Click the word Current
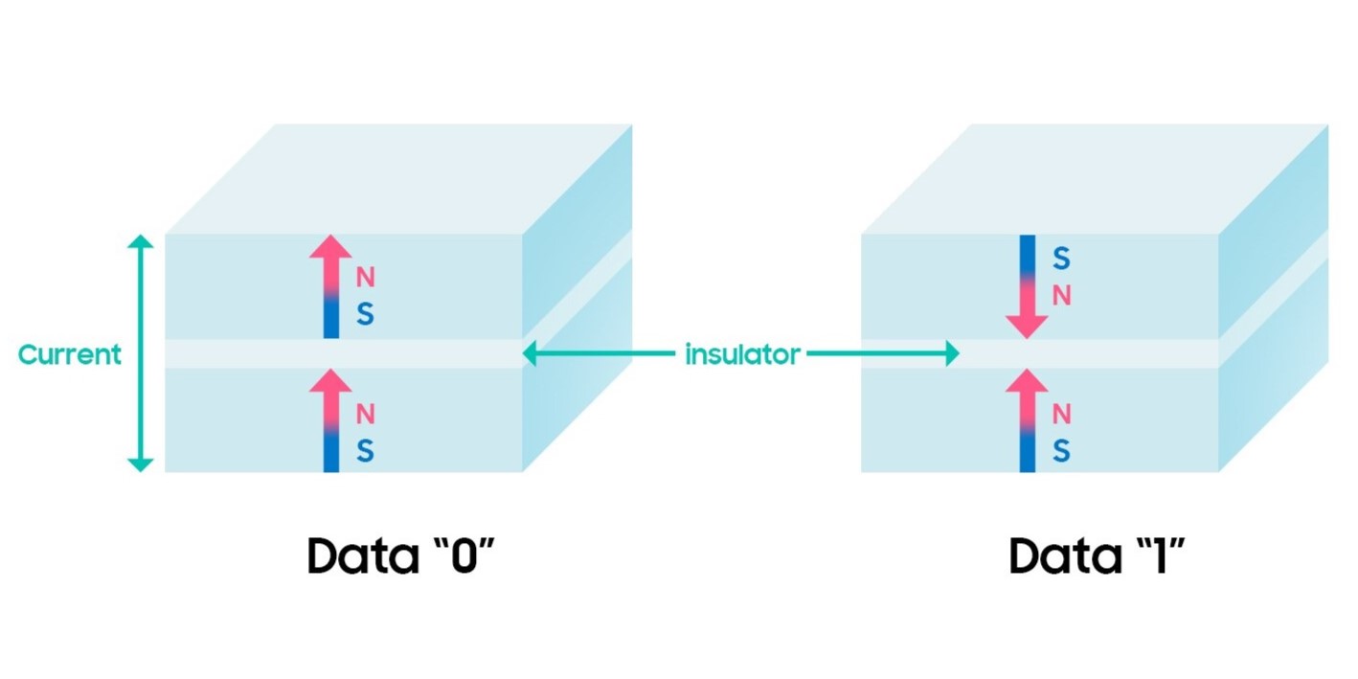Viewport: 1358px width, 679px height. point(70,354)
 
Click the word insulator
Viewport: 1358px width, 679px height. point(742,354)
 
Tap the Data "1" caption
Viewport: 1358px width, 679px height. point(1098,556)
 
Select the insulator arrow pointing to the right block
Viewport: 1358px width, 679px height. point(882,354)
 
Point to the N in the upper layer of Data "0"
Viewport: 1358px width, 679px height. point(365,278)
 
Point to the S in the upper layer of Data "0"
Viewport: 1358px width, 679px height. point(365,315)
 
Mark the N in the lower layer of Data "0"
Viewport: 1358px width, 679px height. point(365,414)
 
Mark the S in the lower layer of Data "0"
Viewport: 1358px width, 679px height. point(365,450)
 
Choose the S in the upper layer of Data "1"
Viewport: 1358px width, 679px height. point(1061,259)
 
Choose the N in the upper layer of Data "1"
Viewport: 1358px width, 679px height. point(1061,296)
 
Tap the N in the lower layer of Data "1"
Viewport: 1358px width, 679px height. point(1061,414)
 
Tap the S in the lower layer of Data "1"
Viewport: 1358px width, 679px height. point(1061,450)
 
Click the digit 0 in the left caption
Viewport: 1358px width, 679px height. point(464,557)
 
